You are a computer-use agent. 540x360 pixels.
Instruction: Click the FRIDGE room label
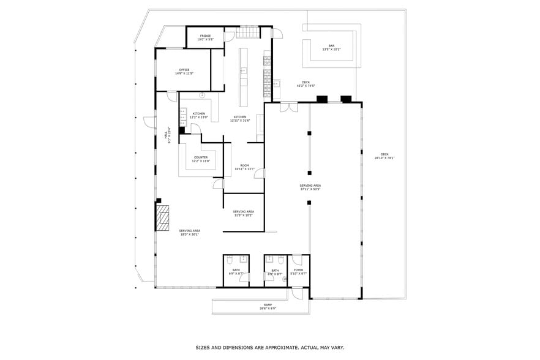click(x=205, y=36)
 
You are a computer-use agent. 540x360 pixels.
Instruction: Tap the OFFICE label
click(x=184, y=70)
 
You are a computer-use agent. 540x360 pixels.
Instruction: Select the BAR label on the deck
click(x=331, y=46)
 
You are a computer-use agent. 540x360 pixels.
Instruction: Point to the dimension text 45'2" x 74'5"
click(x=306, y=86)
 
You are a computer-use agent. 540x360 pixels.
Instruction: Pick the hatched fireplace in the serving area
click(x=162, y=217)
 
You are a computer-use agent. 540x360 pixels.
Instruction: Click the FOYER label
click(x=298, y=270)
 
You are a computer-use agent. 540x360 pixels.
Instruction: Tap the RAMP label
click(x=268, y=304)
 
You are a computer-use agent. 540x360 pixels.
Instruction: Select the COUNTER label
click(x=201, y=157)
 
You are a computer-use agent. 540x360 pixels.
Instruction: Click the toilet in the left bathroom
click(x=229, y=260)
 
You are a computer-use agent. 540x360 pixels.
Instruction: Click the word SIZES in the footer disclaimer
click(x=204, y=347)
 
